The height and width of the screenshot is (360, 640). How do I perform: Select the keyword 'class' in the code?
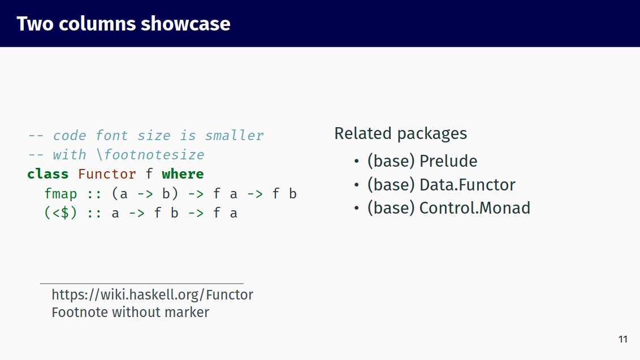48,174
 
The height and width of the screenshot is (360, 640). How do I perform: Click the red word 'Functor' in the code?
107,174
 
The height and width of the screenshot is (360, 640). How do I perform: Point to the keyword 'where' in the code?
183,174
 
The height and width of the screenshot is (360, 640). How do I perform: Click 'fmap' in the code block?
60,194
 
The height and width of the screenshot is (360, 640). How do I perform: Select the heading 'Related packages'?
400,133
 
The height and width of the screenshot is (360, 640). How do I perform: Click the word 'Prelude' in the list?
448,161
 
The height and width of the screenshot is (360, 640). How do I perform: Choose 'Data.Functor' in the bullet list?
467,185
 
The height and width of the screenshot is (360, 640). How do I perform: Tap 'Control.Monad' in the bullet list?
474,208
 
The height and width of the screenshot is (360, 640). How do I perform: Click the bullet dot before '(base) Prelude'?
356,162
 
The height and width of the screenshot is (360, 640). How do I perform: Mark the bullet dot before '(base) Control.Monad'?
356,209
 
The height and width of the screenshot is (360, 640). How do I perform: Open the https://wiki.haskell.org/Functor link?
152,294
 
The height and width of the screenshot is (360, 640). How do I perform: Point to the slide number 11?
623,339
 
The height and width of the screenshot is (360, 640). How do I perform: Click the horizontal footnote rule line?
141,283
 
